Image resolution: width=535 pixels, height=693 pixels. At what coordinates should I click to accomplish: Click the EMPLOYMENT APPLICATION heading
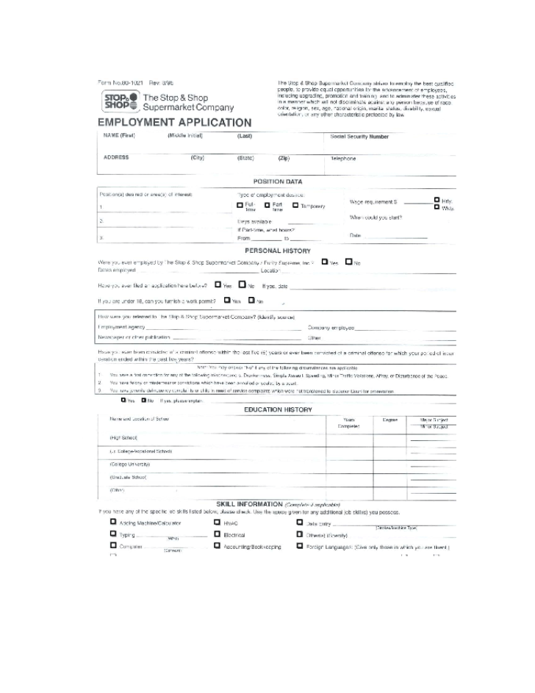pos(174,123)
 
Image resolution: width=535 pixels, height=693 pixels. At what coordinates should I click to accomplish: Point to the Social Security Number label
pos(359,137)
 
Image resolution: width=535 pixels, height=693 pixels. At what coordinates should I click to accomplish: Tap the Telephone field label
pos(343,159)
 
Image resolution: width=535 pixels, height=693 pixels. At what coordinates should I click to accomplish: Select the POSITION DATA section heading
pos(277,182)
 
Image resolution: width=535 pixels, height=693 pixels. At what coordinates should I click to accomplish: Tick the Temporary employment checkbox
pos(295,205)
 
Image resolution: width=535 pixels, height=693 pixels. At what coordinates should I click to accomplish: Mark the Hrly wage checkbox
pos(437,200)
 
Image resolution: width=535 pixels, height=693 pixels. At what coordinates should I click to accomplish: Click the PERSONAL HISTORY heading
pos(278,251)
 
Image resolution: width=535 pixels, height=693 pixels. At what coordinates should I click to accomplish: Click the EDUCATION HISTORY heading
pos(278,409)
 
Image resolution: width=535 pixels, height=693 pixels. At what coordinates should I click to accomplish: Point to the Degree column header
pos(389,420)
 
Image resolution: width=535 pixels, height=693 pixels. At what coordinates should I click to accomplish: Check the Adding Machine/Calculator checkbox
pos(113,523)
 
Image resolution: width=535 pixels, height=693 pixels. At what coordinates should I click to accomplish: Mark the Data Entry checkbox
pos(300,523)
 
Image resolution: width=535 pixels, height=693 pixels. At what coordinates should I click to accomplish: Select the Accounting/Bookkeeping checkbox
pos(218,546)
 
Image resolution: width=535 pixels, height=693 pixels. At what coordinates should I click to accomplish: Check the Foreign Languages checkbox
pos(300,546)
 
